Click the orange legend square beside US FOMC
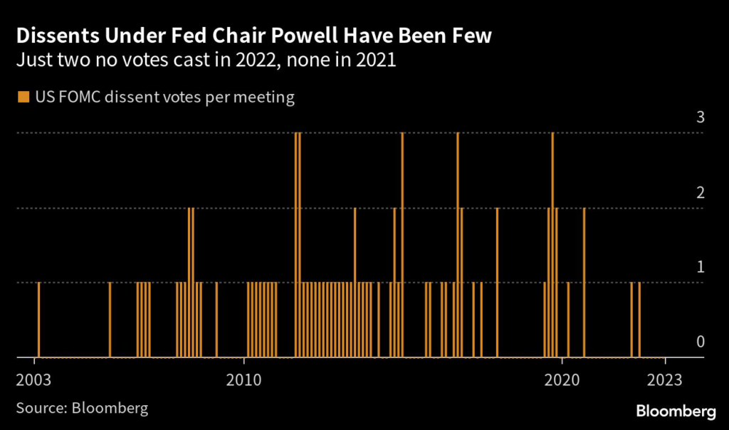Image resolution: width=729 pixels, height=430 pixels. click(23, 97)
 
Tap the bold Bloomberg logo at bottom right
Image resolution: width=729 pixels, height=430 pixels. click(675, 411)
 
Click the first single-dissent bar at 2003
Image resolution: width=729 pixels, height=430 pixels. click(38, 320)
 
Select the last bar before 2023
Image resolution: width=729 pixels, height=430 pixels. click(639, 320)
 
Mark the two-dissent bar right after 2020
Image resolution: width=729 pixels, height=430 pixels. click(584, 282)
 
